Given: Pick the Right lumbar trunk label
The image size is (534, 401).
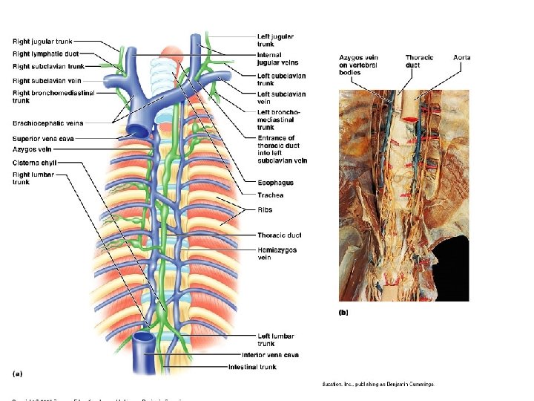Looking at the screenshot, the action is [x=33, y=178].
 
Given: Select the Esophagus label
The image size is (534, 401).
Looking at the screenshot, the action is [x=275, y=183].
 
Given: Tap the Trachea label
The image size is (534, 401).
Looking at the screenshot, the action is [x=270, y=195].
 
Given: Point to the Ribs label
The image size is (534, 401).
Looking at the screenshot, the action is [x=265, y=210].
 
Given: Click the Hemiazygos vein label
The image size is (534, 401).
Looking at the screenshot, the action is [x=277, y=254].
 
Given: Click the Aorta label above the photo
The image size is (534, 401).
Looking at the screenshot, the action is [x=462, y=58].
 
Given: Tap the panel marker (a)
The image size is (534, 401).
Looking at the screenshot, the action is [x=17, y=372].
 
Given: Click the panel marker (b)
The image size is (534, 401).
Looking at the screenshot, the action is [x=343, y=313].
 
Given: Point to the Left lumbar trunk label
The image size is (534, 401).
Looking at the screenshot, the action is [x=277, y=339].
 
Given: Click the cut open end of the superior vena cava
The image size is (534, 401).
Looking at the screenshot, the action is [x=138, y=128].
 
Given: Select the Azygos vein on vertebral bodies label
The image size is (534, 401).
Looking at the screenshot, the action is [x=359, y=65].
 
